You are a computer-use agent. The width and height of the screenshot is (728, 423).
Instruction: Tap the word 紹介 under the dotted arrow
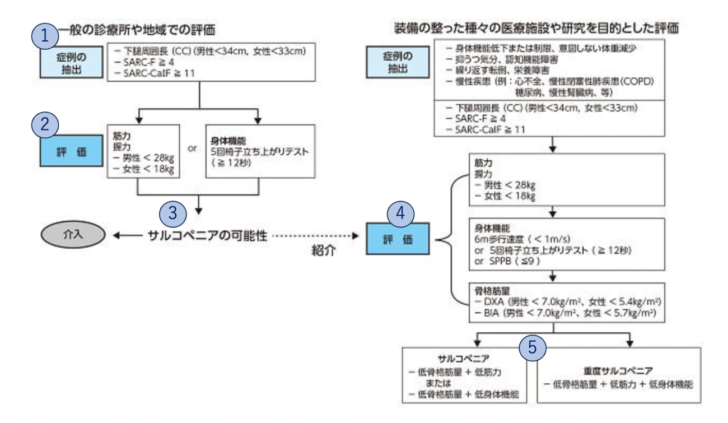(x=325, y=252)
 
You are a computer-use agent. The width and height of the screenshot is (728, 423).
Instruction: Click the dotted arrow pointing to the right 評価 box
(x=314, y=236)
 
